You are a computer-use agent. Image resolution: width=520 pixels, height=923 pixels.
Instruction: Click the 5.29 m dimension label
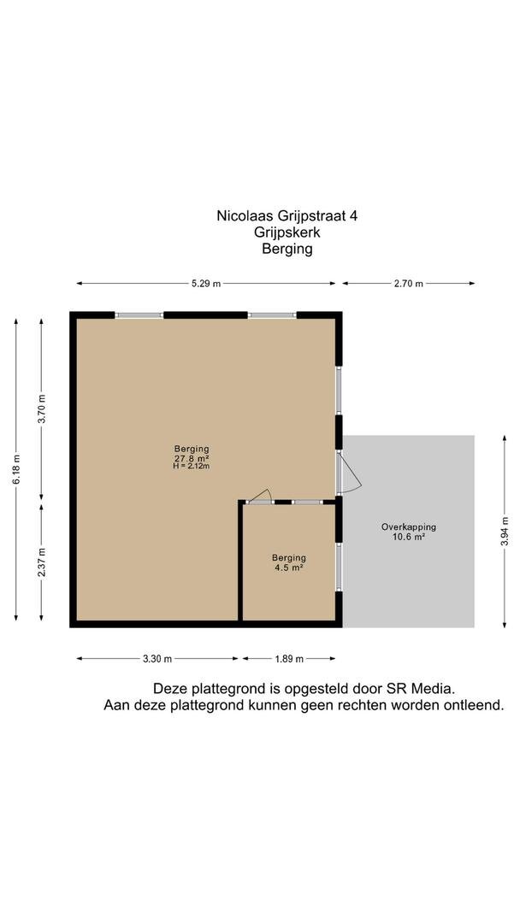[x=205, y=284]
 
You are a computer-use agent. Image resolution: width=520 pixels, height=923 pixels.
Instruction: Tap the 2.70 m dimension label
[x=409, y=284]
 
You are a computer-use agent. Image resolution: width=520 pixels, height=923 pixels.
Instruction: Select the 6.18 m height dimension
[x=16, y=470]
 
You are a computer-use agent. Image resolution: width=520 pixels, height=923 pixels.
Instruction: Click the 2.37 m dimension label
[x=41, y=562]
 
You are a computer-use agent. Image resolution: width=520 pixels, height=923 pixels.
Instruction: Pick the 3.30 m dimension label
[x=157, y=659]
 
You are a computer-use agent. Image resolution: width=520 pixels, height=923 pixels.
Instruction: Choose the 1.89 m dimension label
[x=289, y=659]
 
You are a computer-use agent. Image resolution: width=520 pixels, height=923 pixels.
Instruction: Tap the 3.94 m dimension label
[x=504, y=532]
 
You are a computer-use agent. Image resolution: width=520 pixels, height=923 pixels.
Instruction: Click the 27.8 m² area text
[x=192, y=457]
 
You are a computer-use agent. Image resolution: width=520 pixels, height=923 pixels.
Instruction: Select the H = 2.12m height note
[x=192, y=467]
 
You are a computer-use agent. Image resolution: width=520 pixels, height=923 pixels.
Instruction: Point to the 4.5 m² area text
[x=288, y=568]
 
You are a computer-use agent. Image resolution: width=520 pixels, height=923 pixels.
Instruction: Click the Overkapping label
[x=409, y=527]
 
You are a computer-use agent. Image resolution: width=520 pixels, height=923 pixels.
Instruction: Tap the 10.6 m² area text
[x=409, y=537]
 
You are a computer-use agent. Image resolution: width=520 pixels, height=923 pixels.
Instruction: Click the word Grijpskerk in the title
[x=287, y=232]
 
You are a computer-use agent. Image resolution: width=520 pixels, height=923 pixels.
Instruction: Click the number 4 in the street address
[x=353, y=215]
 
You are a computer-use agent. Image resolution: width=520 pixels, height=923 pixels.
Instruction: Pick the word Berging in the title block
[x=287, y=250]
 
